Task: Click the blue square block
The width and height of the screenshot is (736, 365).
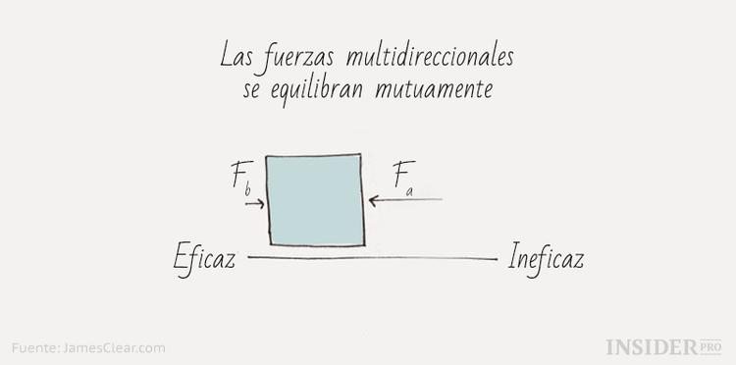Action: (315, 199)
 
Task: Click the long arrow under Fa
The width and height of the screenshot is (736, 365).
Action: (406, 199)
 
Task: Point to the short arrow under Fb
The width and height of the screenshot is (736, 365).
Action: (253, 205)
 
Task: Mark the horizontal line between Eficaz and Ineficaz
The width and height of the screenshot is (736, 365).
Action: (373, 259)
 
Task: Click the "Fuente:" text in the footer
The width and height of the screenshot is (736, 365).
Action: (35, 347)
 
